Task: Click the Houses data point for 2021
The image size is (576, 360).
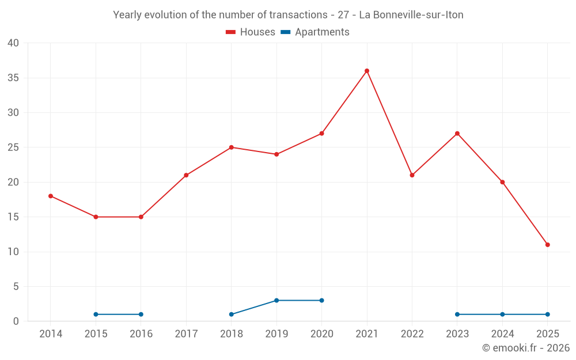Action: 367,71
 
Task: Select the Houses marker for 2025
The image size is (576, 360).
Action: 547,245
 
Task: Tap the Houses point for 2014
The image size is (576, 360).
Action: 51,196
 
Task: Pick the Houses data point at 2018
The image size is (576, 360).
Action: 232,147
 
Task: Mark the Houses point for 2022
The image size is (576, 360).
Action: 412,175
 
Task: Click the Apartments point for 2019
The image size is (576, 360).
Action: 276,300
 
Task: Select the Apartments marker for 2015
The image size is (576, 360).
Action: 96,314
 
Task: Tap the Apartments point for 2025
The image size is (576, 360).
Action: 547,314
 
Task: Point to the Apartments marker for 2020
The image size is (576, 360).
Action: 321,300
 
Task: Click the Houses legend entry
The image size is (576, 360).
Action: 251,32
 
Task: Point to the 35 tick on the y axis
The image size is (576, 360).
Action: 13,78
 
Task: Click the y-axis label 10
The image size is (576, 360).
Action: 13,252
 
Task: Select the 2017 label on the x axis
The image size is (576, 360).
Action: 186,334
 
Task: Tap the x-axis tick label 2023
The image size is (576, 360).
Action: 457,334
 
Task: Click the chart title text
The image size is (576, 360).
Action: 288,15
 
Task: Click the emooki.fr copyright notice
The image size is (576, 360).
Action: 525,348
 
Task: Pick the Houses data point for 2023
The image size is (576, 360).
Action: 457,134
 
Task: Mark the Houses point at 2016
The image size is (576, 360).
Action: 141,217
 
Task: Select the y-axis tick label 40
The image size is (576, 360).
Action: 13,43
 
